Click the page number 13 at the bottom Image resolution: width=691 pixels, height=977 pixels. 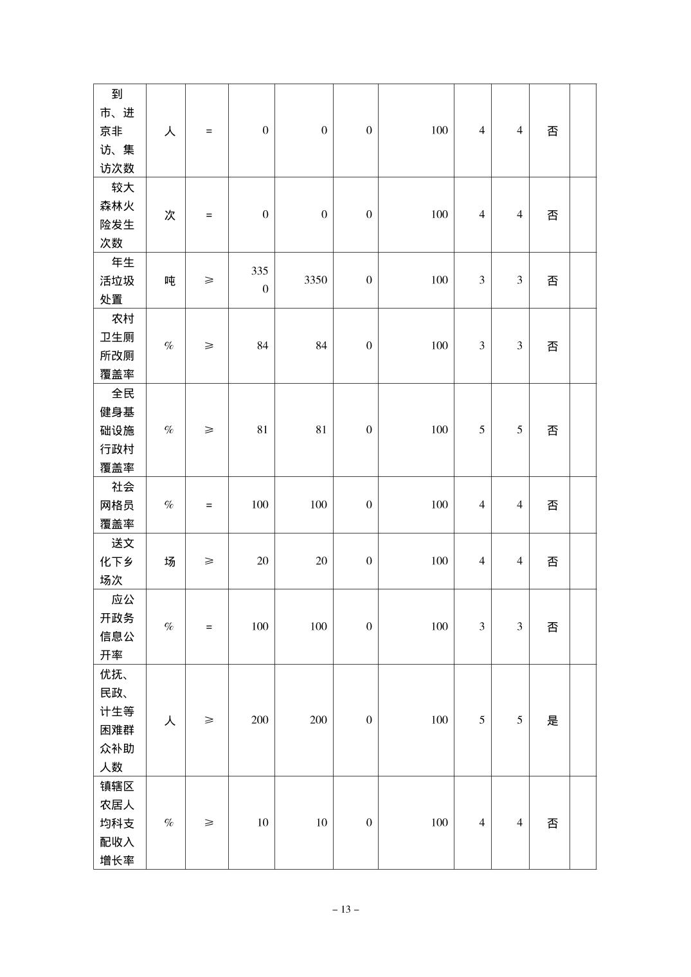(x=345, y=910)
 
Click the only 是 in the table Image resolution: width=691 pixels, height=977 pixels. (x=552, y=720)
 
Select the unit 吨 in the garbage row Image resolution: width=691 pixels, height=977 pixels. (x=169, y=280)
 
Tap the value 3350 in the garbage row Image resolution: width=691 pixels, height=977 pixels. (x=315, y=280)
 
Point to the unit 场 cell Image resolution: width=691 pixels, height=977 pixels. (x=169, y=561)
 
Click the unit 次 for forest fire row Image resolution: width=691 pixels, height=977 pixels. (x=169, y=215)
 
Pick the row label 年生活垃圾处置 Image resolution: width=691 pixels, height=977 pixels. (x=117, y=280)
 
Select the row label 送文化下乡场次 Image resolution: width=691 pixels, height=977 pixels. (x=117, y=561)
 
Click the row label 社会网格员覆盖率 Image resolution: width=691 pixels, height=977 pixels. (x=117, y=505)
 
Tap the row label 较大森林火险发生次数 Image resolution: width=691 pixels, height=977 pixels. (x=117, y=215)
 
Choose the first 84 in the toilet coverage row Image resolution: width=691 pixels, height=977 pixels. (x=262, y=346)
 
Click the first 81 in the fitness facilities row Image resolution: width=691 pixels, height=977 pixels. (x=262, y=430)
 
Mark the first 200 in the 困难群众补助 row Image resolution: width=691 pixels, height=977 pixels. (x=260, y=720)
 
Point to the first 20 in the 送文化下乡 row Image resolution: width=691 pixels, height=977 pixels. (x=262, y=561)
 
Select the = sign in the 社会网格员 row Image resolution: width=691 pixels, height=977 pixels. (x=208, y=505)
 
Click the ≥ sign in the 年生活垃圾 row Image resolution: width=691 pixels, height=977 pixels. (x=208, y=280)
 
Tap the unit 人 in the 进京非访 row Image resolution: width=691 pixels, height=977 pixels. (x=169, y=131)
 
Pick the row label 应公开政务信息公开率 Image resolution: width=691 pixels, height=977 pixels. (x=117, y=627)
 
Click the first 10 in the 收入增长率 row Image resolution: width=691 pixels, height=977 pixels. (x=262, y=823)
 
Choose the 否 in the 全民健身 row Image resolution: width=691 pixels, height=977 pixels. (x=552, y=430)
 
